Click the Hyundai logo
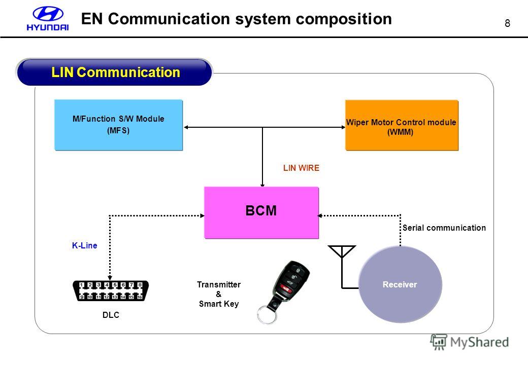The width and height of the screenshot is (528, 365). (x=48, y=18)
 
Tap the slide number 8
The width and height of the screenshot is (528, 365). (x=507, y=23)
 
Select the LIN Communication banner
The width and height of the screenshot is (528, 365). (x=115, y=72)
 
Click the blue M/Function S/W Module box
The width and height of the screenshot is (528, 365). (x=118, y=125)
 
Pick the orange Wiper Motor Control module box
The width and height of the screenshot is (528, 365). (x=402, y=125)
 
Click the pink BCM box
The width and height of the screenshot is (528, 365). (x=261, y=212)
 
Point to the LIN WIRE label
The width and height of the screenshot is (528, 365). (x=301, y=168)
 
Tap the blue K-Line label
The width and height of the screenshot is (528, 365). (x=84, y=245)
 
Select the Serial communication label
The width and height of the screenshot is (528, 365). (x=444, y=228)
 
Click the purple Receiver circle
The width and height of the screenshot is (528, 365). (x=400, y=284)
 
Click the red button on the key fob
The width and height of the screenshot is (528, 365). (x=285, y=288)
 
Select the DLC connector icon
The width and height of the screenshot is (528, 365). (x=111, y=290)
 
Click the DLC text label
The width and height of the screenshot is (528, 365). (x=111, y=315)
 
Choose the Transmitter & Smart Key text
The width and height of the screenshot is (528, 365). (x=219, y=294)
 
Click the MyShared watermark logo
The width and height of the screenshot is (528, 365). (x=470, y=342)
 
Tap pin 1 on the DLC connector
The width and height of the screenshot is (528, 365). (x=82, y=285)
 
